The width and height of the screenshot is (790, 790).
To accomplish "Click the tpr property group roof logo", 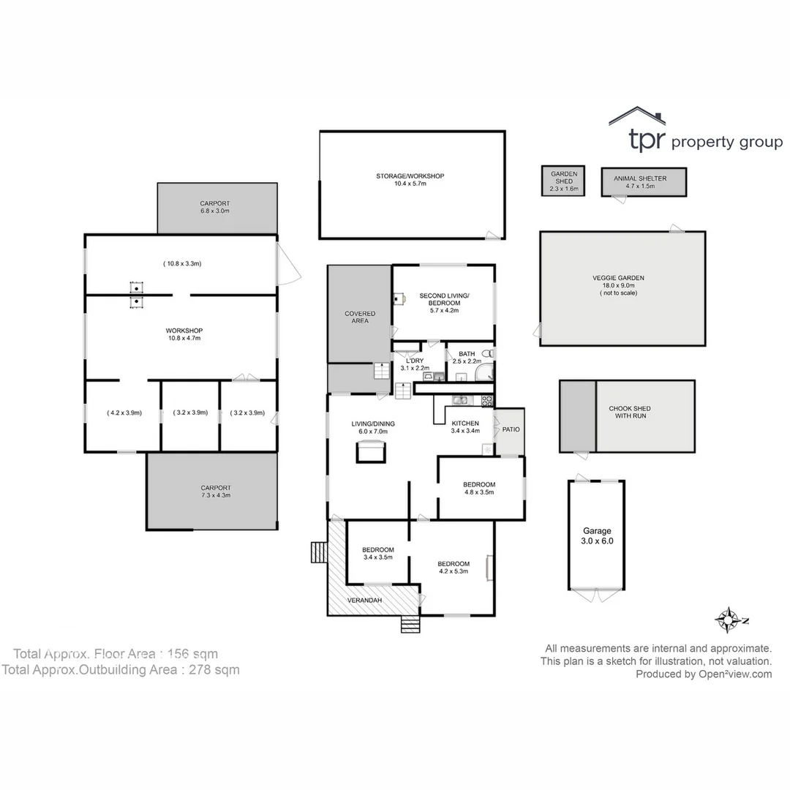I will pos(637,116).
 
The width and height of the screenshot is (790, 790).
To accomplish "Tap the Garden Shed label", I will pos(563,181).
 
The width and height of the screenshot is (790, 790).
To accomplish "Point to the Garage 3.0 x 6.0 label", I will pos(596,536).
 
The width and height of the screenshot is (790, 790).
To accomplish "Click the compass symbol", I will pos(729,620).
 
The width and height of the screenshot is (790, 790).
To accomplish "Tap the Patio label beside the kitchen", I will pos(511,429).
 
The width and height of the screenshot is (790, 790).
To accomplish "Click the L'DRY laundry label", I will pos(415,364).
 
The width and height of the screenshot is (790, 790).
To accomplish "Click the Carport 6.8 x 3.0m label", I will pos(215,207).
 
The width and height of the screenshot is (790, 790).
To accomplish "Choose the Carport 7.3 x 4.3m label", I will pos(215,492).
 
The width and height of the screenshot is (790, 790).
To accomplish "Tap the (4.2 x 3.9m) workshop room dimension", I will pos(124,413).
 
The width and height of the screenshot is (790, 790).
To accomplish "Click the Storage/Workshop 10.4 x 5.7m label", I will pos(410,180).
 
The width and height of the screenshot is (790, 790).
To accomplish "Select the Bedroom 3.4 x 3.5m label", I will pos(378,553).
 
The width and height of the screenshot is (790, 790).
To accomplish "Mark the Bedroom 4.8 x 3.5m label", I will pos(479,488).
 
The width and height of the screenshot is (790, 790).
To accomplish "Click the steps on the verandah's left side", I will pos(318,552).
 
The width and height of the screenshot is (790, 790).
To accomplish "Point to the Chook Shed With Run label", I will pos(629,413).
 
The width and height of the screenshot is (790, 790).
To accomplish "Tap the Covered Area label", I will pos(360,317).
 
